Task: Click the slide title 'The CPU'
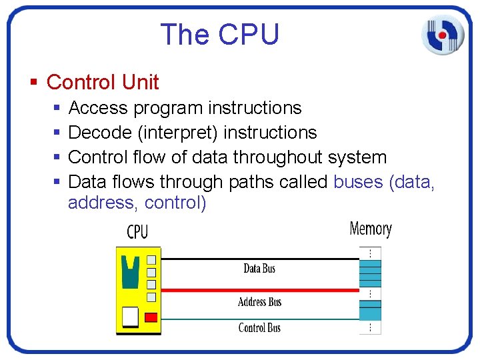click(x=219, y=35)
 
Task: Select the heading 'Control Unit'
click(x=103, y=83)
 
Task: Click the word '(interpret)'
click(x=178, y=133)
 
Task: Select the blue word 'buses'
click(x=358, y=182)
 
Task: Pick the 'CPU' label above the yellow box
click(x=137, y=232)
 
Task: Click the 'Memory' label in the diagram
click(x=371, y=229)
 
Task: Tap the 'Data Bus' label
click(x=259, y=269)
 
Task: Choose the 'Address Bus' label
click(x=259, y=302)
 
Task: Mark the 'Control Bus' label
click(x=259, y=327)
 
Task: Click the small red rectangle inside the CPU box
click(x=151, y=317)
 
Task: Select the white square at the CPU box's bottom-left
click(x=131, y=315)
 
